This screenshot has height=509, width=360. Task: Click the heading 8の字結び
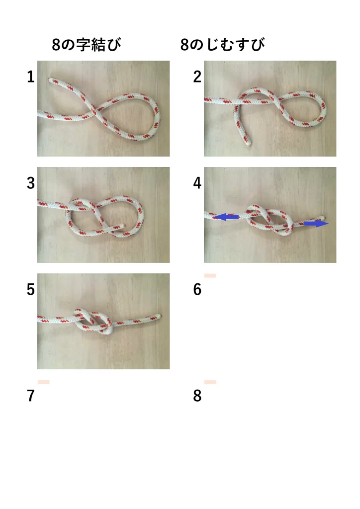87,45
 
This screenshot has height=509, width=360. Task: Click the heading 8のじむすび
223,45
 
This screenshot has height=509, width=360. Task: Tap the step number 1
31,77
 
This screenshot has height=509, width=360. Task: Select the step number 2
197,77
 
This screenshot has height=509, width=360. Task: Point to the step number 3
31,183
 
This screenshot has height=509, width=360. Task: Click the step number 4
197,183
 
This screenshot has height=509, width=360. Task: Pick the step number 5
31,290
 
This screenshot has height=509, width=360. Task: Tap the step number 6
197,290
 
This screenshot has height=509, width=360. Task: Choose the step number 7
31,396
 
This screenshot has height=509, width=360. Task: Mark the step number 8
197,396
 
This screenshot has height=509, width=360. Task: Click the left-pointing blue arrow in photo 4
225,217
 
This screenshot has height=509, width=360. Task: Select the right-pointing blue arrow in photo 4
316,223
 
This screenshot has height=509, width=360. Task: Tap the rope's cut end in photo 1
51,80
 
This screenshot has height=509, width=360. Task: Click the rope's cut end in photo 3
122,225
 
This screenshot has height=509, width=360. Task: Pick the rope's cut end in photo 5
159,316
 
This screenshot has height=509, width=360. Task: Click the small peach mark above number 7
43,382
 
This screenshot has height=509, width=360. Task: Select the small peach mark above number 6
210,275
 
